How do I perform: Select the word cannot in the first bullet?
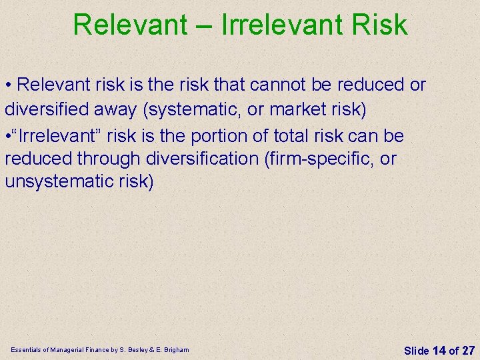point(299,85)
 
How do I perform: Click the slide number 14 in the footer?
point(439,350)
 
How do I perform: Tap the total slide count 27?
point(469,350)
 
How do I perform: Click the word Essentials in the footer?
point(26,350)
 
